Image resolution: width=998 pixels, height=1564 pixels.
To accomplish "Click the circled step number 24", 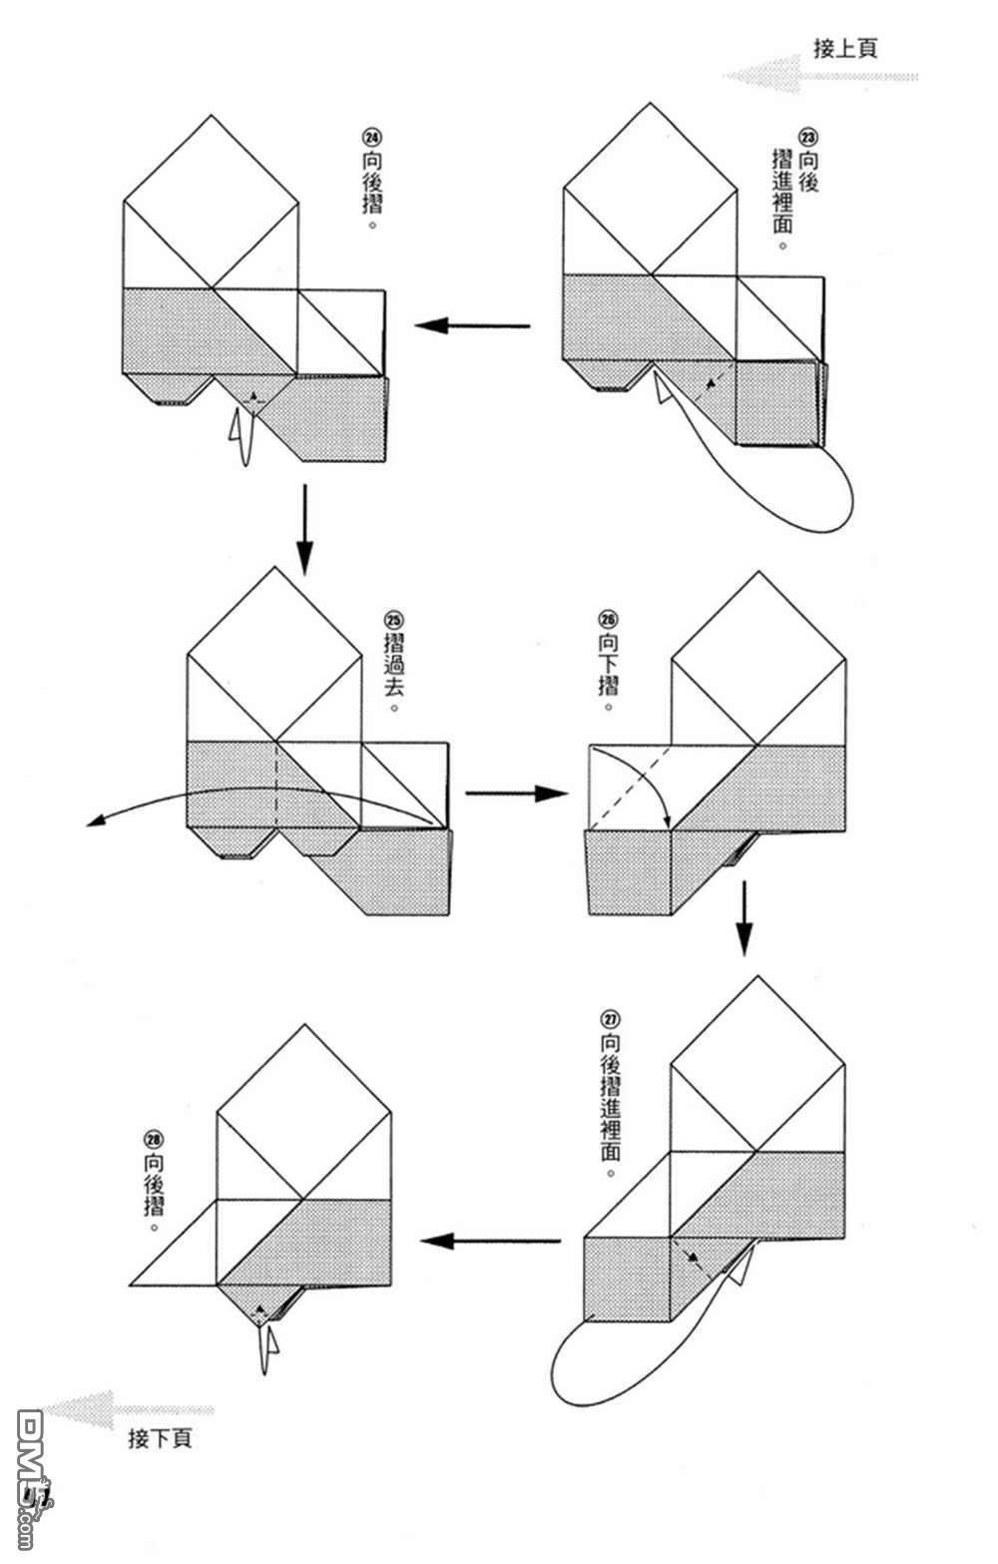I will [372, 138].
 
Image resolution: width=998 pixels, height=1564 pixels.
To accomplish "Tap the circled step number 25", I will [393, 619].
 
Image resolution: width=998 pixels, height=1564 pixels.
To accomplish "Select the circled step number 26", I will [608, 619].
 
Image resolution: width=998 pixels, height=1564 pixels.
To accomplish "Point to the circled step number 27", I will [611, 1019].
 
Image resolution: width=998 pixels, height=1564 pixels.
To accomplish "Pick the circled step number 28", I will [154, 1140].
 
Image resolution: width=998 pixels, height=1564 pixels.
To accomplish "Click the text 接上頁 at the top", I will [845, 48].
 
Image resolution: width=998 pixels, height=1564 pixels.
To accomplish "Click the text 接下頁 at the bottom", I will [161, 1438].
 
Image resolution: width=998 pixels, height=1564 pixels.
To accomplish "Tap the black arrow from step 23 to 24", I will [472, 325].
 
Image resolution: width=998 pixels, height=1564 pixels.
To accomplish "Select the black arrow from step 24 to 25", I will [304, 529].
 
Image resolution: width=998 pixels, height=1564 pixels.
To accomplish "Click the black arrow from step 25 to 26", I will [516, 793].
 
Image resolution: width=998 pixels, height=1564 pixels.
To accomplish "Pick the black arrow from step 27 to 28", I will [490, 1241].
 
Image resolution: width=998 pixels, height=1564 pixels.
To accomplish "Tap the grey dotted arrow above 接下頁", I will [130, 1409].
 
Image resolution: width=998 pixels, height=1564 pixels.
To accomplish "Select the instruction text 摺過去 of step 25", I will [393, 666].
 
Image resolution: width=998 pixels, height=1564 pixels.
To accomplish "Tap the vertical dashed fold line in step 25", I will [274, 784].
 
